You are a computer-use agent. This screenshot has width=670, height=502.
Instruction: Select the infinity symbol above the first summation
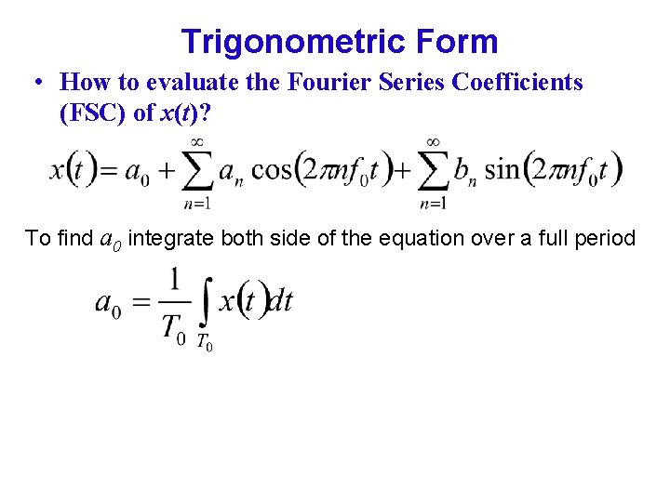click(197, 142)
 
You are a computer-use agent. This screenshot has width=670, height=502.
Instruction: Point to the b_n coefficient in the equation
click(464, 172)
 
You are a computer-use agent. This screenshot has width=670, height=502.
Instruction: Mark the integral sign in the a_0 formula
click(205, 301)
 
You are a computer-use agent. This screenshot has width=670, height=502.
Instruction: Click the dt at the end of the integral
click(278, 301)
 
